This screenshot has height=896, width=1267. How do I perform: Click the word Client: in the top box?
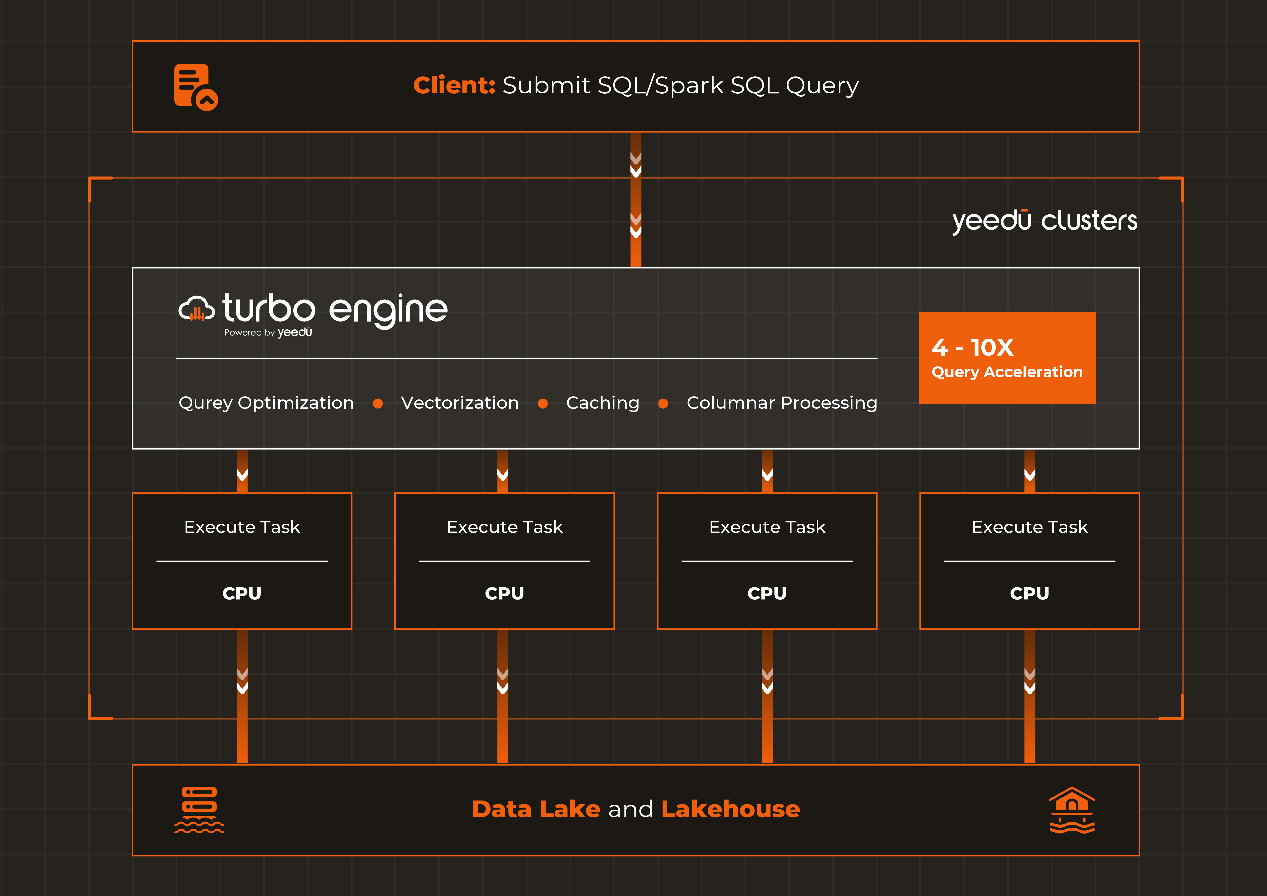point(454,86)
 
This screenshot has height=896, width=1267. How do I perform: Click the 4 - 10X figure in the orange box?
point(972,347)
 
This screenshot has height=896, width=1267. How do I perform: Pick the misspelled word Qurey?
point(205,403)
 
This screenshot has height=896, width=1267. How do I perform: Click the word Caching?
point(603,403)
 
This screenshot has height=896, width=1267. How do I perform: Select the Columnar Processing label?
point(781,403)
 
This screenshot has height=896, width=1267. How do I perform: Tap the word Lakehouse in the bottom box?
point(730,809)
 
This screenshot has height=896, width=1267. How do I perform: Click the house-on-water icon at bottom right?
point(1072,810)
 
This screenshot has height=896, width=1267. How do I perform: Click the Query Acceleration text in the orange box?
point(1007,372)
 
